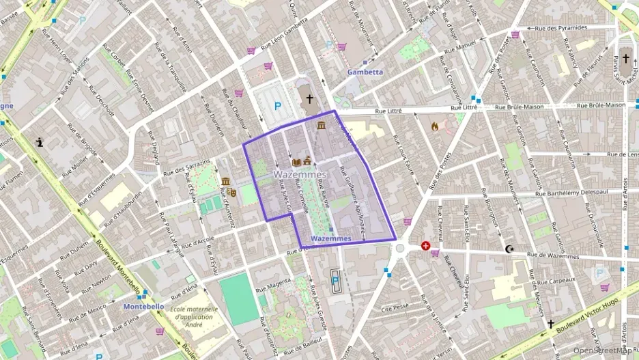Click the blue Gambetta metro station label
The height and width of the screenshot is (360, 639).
point(365,72)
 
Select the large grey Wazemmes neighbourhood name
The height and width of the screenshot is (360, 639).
point(300,175)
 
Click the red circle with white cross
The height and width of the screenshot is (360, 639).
point(426,245)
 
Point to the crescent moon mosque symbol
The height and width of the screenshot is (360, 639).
point(508,249)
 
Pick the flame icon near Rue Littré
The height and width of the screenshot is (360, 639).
point(435,126)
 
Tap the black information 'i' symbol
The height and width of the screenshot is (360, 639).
point(40,142)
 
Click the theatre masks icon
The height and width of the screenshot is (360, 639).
point(232,193)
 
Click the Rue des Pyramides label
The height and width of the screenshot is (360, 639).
point(561,28)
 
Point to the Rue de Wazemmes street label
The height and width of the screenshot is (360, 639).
point(552,257)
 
